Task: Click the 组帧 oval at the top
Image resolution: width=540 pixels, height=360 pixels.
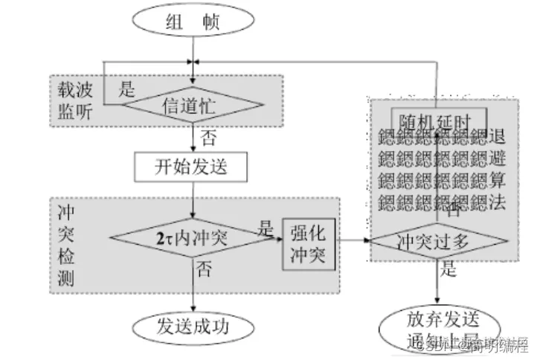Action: (196, 22)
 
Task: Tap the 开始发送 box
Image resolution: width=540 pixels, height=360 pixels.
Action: (190, 167)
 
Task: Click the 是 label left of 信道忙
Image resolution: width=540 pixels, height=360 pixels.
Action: (128, 91)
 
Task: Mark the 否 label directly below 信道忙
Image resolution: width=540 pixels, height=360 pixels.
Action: (210, 137)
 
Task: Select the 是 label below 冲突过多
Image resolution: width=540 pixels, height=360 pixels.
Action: (449, 270)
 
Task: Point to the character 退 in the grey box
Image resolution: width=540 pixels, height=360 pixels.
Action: (498, 137)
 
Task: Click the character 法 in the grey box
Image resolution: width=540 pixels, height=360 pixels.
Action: (498, 202)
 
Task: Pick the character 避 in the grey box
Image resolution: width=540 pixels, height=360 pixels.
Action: (498, 158)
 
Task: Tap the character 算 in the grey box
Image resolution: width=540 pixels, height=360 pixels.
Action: (498, 180)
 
